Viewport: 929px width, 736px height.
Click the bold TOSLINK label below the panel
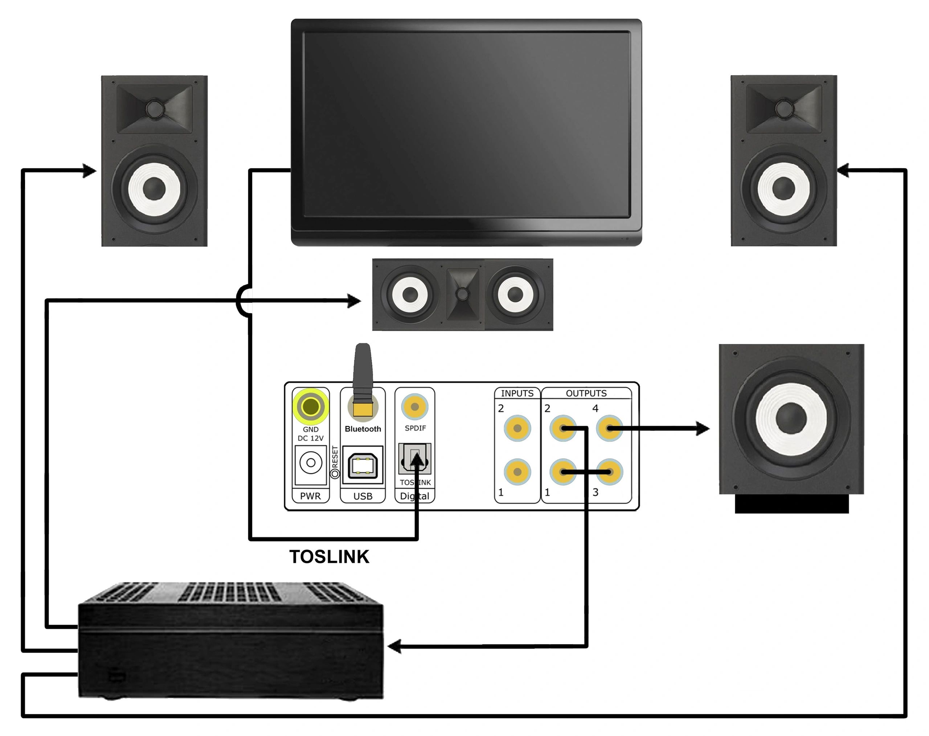[x=329, y=557]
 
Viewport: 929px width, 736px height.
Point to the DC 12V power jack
[x=310, y=463]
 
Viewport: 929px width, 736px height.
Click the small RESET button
[x=335, y=474]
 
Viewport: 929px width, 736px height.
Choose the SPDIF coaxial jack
[x=414, y=406]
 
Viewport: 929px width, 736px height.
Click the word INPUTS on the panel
[x=517, y=393]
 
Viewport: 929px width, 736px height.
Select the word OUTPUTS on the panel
[x=586, y=393]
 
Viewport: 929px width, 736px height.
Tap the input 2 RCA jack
[x=517, y=428]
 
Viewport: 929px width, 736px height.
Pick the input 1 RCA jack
[x=517, y=472]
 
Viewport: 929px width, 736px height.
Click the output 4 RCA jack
[x=609, y=428]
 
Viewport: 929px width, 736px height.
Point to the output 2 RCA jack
[x=563, y=428]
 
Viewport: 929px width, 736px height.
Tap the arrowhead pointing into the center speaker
[x=354, y=301]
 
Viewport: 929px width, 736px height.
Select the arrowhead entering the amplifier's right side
[x=394, y=646]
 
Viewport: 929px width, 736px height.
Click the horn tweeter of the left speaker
[x=154, y=108]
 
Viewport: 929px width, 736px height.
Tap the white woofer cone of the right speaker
[x=784, y=188]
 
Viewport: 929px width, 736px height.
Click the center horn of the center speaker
[x=462, y=294]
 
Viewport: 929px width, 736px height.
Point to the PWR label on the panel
[x=310, y=496]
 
